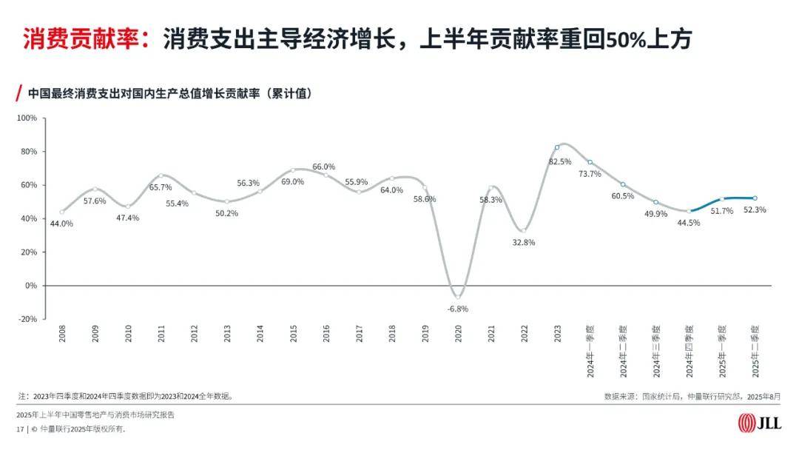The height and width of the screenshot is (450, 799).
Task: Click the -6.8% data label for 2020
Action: [458, 309]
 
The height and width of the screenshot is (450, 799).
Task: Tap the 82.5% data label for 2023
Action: [560, 161]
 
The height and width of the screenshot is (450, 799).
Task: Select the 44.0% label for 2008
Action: [61, 224]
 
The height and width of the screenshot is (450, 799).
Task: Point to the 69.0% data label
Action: [292, 182]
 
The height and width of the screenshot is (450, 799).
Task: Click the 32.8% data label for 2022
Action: [523, 242]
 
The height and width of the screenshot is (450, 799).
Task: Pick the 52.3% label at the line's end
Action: [755, 210]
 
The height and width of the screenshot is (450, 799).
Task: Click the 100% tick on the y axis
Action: [27, 118]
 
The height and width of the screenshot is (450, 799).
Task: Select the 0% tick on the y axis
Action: [31, 286]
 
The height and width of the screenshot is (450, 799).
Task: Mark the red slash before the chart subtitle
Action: [18, 94]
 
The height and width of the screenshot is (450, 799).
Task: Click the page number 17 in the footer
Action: [20, 429]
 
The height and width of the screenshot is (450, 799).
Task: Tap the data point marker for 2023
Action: [557, 147]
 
